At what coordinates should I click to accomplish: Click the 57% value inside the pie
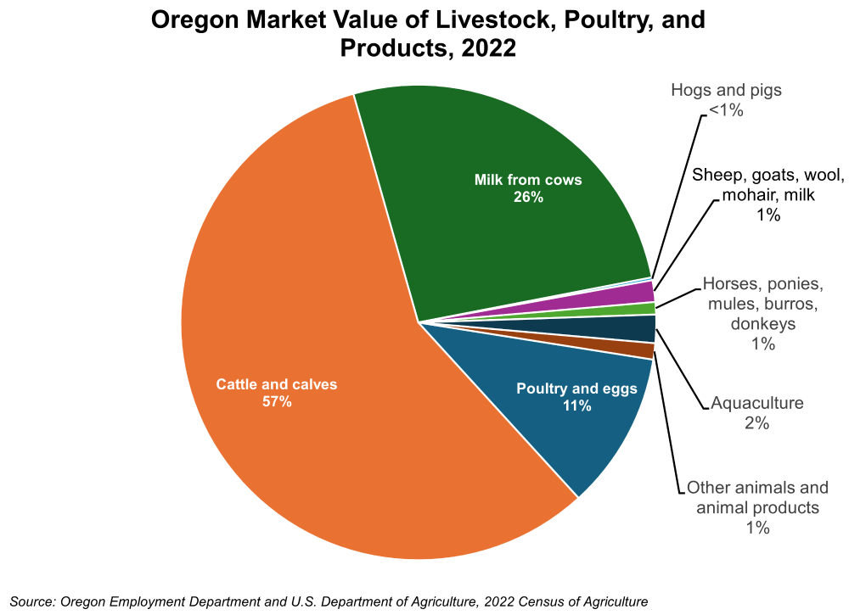[277, 402]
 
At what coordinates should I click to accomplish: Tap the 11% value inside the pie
[576, 406]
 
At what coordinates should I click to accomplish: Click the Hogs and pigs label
[726, 89]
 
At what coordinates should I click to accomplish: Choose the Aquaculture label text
[757, 402]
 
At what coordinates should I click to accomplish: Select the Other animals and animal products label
[757, 498]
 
